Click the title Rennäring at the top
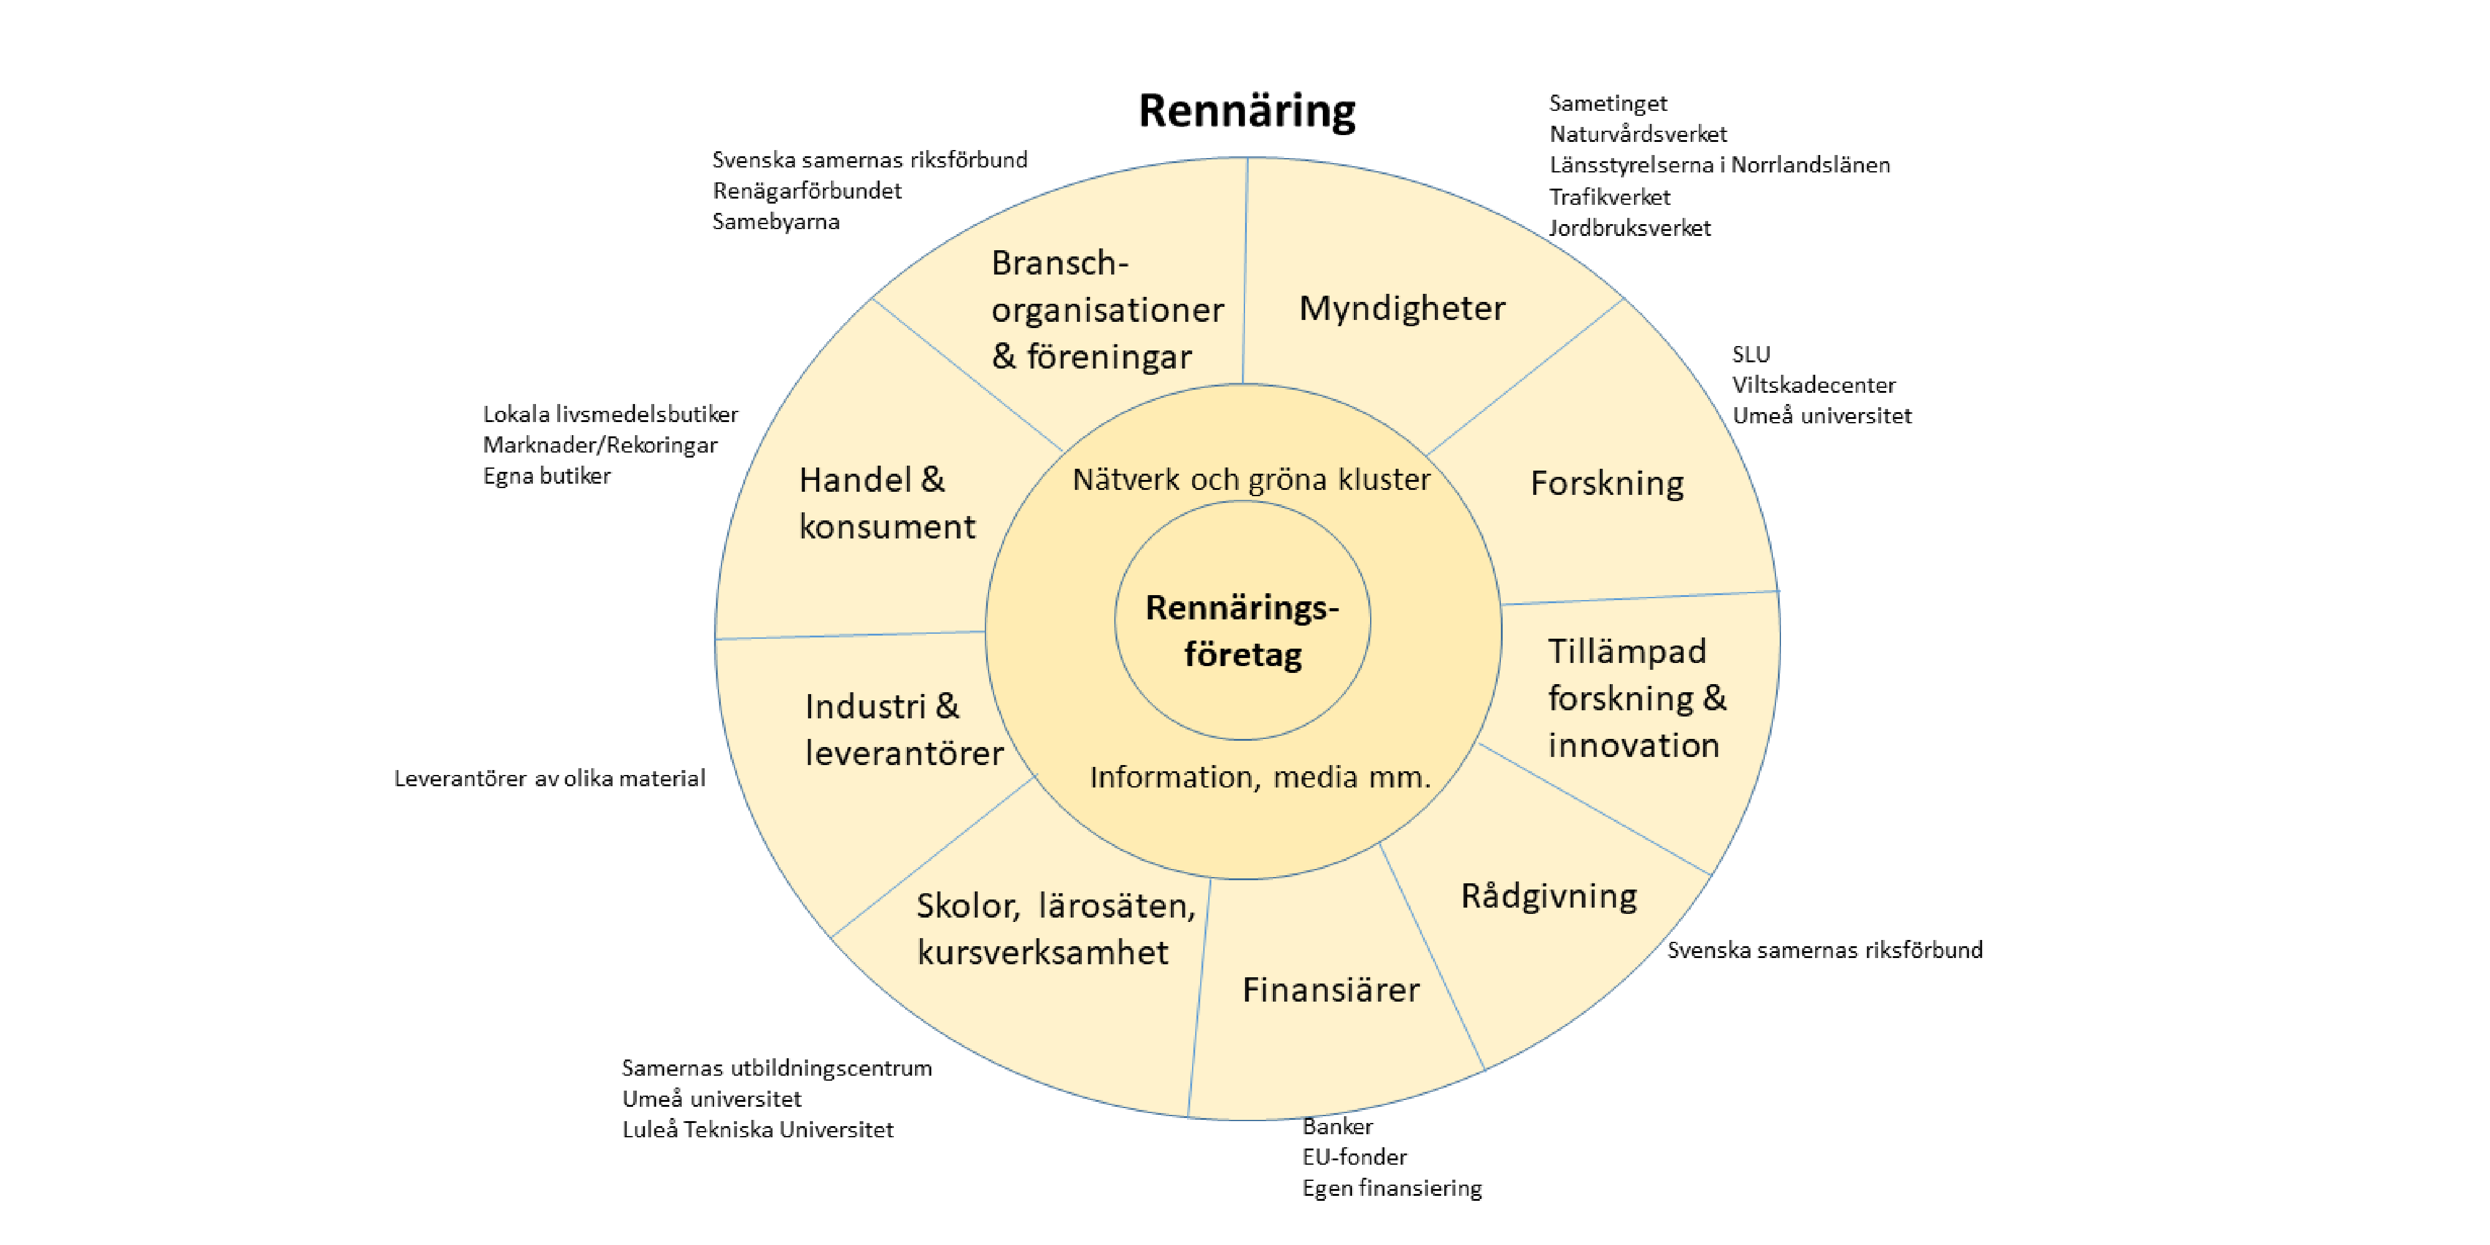click(x=1246, y=110)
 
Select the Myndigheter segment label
click(x=1402, y=308)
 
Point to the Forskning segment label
click(x=1607, y=483)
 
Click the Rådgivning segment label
click(x=1549, y=896)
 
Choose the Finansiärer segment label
click(x=1330, y=990)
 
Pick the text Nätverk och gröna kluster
click(x=1251, y=479)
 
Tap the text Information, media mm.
click(x=1259, y=777)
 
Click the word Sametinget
click(x=1607, y=103)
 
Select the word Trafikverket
click(x=1609, y=197)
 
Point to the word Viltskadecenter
click(x=1813, y=385)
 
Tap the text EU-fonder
click(x=1354, y=1157)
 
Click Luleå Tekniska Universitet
click(x=758, y=1129)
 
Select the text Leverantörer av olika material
click(x=549, y=778)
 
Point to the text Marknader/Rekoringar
click(x=600, y=444)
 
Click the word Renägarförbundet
click(x=806, y=190)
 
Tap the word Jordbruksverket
click(x=1630, y=228)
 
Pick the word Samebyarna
click(x=775, y=222)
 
